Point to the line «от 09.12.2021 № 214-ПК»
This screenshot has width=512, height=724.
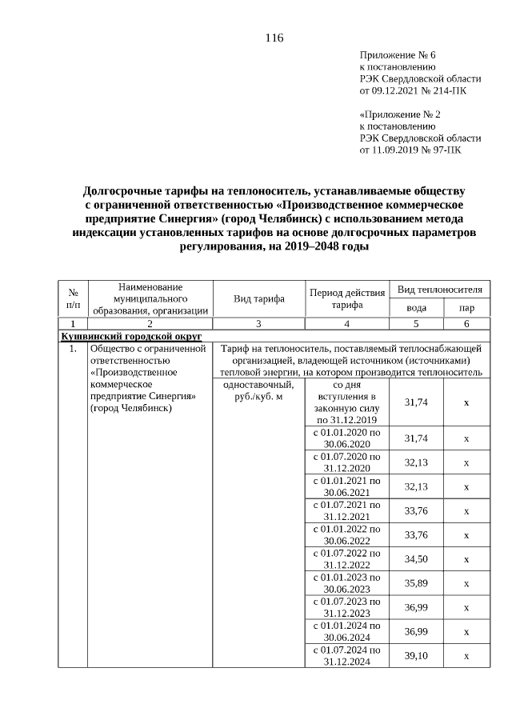click(414, 91)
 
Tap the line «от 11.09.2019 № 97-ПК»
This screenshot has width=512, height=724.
click(410, 150)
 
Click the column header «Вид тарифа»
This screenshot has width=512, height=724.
click(259, 299)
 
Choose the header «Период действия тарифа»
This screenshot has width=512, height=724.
click(346, 299)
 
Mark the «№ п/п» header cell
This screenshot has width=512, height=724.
click(73, 299)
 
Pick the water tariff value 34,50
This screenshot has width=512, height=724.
click(416, 558)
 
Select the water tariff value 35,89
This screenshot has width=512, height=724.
click(416, 583)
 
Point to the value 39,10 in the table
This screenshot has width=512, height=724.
click(416, 655)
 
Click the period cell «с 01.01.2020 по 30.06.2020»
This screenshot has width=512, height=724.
click(346, 438)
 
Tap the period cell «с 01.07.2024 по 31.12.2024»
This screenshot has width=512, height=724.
click(346, 655)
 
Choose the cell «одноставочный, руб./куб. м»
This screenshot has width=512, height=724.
click(255, 390)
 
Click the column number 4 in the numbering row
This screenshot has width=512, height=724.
click(346, 324)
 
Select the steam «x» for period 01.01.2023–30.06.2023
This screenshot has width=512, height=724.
click(466, 583)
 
